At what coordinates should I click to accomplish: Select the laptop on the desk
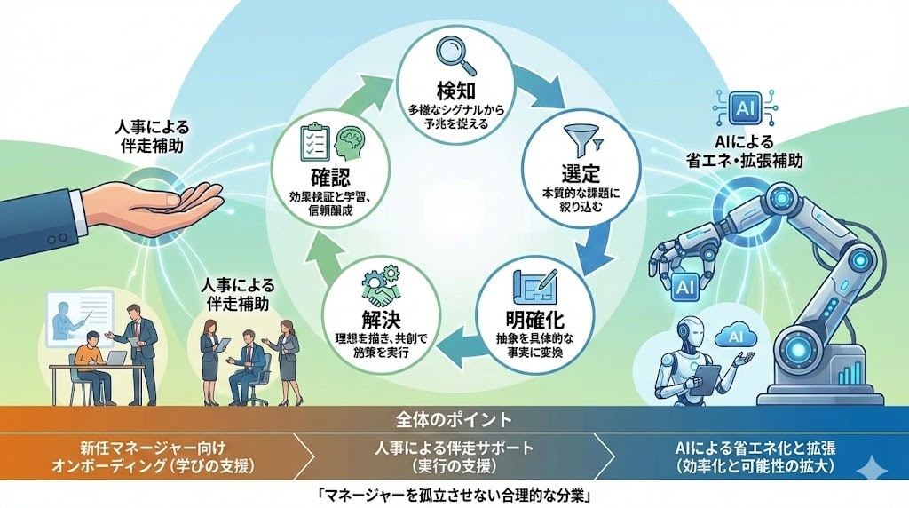114,358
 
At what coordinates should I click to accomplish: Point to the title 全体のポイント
454,418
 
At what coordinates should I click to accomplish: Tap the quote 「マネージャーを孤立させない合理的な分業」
454,492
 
